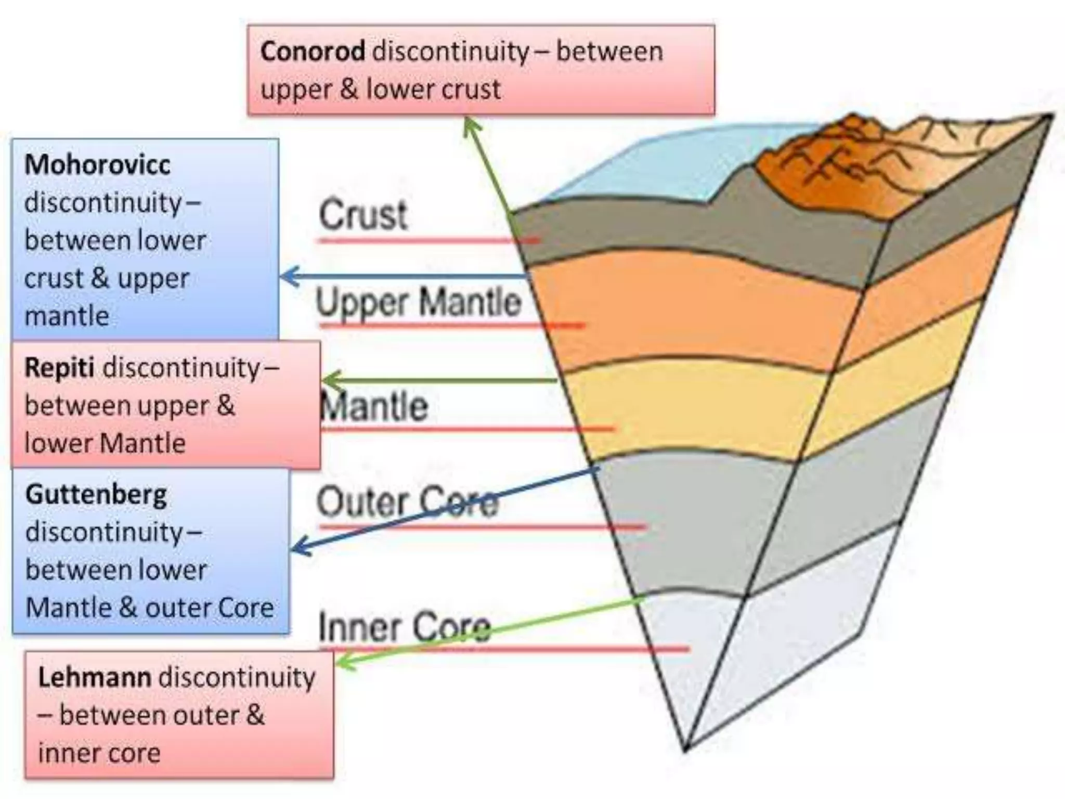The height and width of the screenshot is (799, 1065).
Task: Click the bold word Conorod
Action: coord(313,51)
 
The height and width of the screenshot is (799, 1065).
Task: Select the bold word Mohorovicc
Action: coord(97,164)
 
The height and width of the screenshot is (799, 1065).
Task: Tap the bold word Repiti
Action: coord(59,367)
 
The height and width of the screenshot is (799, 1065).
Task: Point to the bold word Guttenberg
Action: coord(96,494)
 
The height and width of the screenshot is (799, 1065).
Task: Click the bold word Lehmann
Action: coord(95,677)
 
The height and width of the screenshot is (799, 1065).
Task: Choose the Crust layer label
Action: coord(363,215)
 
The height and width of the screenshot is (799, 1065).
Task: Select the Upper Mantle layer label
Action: coord(419,302)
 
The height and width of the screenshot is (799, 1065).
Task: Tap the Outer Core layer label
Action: coord(407,502)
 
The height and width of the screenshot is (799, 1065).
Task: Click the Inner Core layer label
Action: coord(404,627)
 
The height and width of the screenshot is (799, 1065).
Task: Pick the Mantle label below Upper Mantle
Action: coord(374,406)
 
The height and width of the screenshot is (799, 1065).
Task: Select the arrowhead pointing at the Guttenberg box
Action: coord(298,548)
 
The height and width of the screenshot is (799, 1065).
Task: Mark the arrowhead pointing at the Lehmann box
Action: coord(343,662)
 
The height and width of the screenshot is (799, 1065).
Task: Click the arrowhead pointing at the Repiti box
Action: coord(330,381)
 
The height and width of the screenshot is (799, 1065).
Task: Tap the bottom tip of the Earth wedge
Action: coord(686,748)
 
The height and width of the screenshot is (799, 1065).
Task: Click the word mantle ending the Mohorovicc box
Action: coord(67,316)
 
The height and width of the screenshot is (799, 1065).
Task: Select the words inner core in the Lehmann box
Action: coord(99,753)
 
